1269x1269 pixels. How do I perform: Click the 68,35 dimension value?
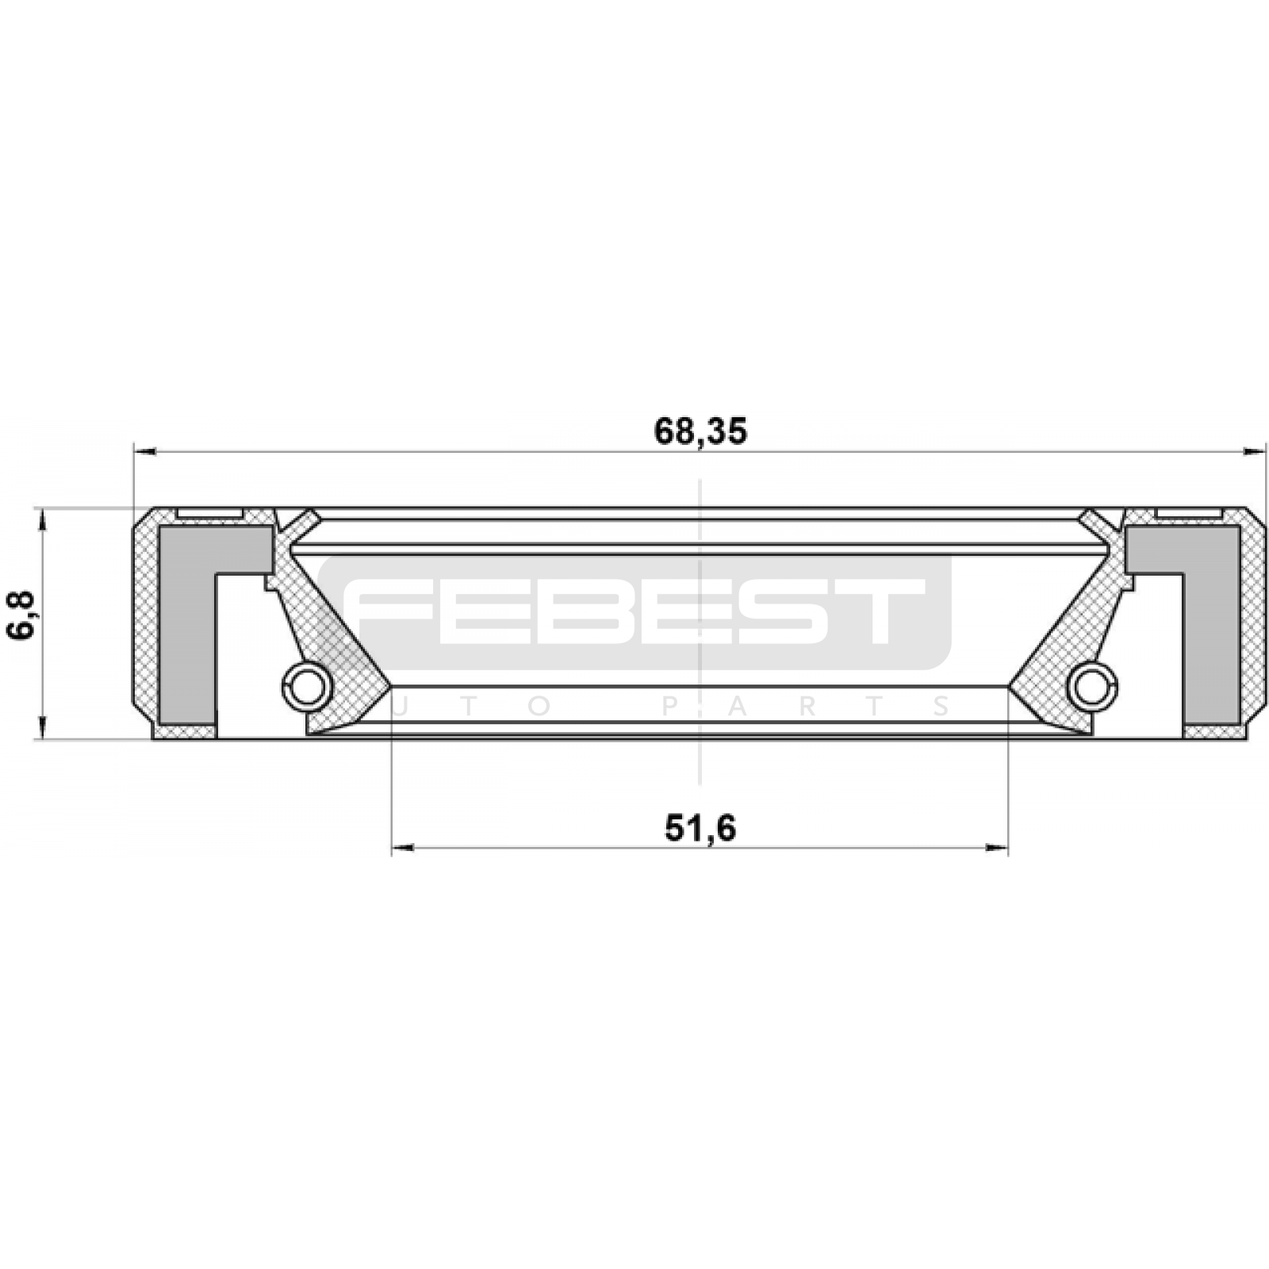(700, 431)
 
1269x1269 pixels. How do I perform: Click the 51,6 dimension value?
(700, 828)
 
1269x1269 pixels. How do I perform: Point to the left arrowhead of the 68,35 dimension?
(145, 452)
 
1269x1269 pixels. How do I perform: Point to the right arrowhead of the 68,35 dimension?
(1255, 452)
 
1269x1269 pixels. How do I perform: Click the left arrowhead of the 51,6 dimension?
(403, 848)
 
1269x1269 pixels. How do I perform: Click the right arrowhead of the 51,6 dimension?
(996, 848)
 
